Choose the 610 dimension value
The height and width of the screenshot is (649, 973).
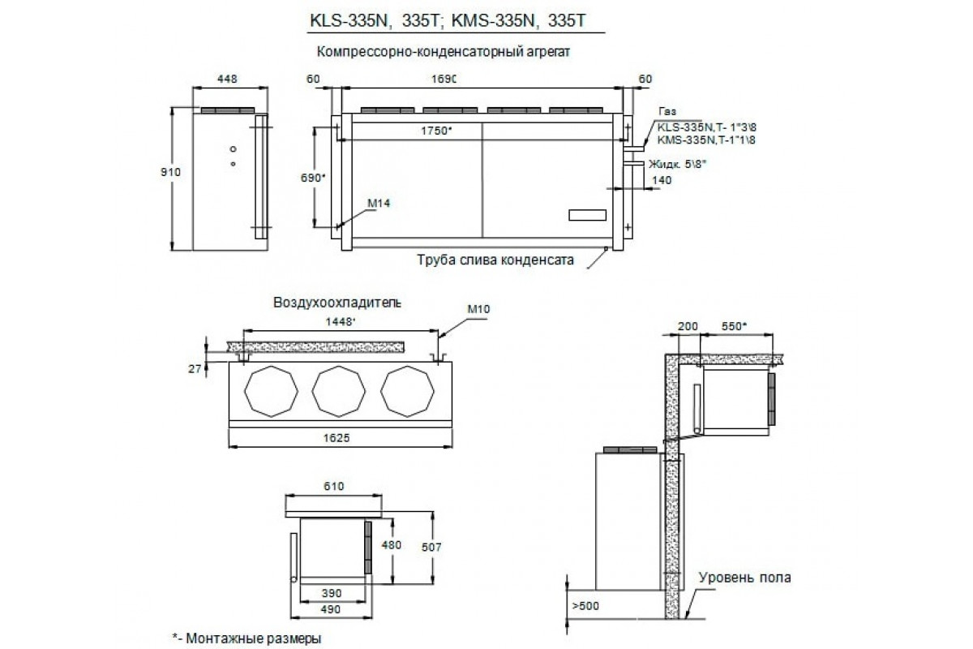coord(332,487)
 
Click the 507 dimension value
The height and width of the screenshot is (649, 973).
coord(431,548)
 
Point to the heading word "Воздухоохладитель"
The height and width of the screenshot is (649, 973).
coord(336,302)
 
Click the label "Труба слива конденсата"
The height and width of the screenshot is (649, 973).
coord(495,261)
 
